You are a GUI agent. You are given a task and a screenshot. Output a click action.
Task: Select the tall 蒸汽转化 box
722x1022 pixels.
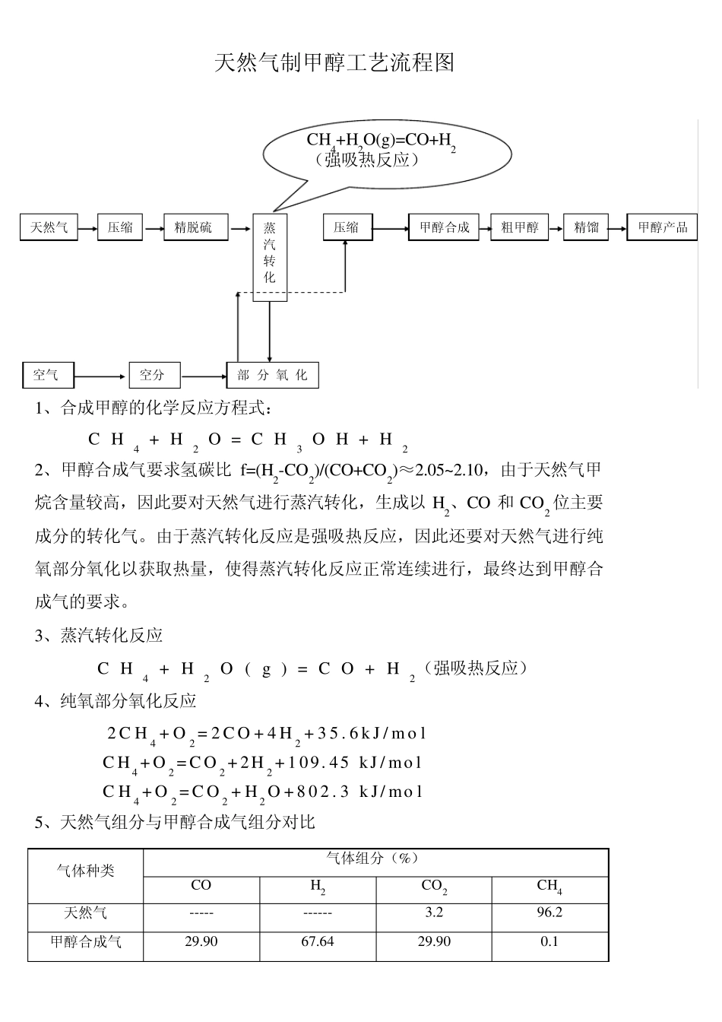[x=270, y=257]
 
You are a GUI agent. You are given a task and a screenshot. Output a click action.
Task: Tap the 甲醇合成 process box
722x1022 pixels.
[x=445, y=227]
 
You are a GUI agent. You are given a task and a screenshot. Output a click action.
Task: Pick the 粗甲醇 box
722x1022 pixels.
[x=520, y=227]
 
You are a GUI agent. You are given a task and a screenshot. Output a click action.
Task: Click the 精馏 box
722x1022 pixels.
[x=586, y=227]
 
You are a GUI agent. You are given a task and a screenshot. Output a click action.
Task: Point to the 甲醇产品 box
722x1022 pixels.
[x=662, y=227]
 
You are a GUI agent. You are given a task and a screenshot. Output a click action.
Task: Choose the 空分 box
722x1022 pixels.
[x=154, y=375]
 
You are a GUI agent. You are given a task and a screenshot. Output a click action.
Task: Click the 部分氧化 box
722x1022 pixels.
[x=272, y=375]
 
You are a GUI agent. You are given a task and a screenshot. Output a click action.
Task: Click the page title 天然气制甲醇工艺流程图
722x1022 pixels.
[x=334, y=62]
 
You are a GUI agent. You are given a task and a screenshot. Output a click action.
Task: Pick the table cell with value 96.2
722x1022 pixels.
[x=549, y=912]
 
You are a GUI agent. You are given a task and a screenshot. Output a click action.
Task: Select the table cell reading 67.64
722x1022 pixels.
[x=317, y=941]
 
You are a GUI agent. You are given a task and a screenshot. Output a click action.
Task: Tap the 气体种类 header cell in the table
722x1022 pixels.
[x=86, y=871]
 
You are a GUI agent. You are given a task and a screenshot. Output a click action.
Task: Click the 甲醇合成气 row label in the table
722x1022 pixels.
[x=86, y=941]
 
